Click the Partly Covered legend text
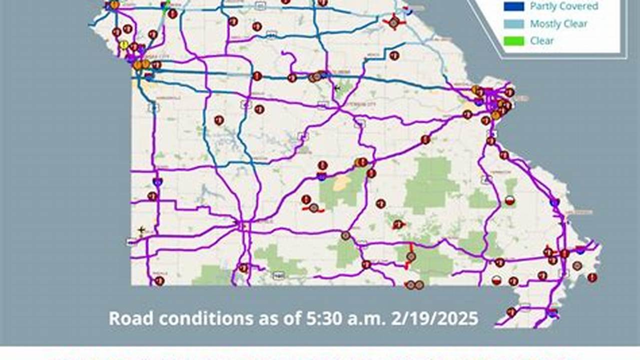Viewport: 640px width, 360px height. pos(564,6)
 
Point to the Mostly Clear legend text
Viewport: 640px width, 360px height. pos(559,23)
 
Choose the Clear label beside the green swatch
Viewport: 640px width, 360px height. pos(542,40)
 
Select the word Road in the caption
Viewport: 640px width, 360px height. pos(127,318)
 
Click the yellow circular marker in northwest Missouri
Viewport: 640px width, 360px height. pos(124,44)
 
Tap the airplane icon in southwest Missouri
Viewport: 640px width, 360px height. pos(142,230)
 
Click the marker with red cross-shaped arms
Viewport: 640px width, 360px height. pos(393,22)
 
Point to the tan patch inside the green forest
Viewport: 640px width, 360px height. pos(341,182)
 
